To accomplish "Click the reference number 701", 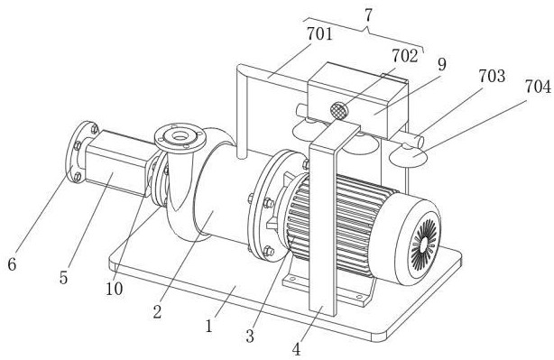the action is click(319, 34).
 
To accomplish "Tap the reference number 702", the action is click(404, 56).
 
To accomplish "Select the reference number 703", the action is click(492, 76).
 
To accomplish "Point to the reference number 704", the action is click(538, 87).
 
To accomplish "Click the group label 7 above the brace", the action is click(368, 15).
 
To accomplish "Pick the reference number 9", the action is click(441, 64).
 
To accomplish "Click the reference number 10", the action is click(114, 289).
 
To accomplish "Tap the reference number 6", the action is click(12, 263).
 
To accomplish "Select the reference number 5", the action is click(63, 278).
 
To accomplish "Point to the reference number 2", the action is click(157, 312).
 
